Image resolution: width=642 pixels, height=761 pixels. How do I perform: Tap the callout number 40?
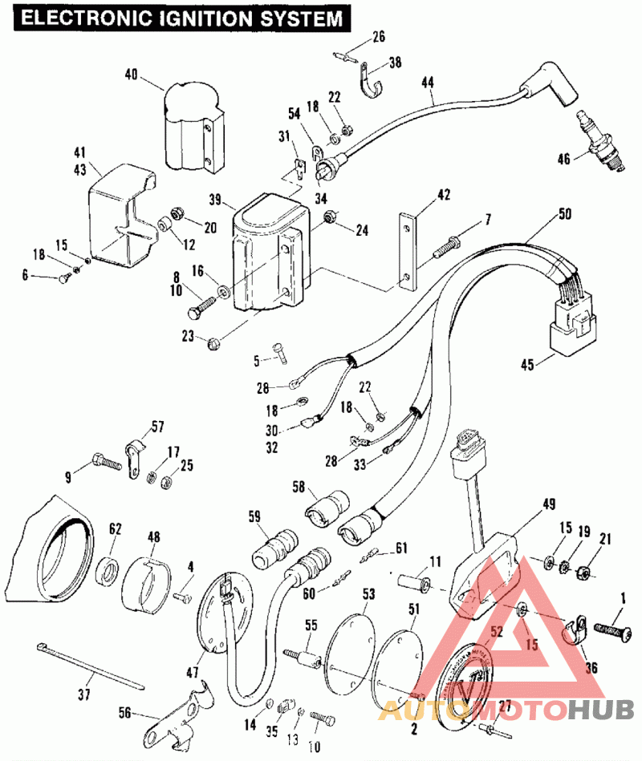point(131,75)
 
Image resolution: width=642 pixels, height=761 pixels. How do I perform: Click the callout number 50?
point(565,214)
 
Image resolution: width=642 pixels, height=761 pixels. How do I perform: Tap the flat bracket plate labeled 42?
point(408,250)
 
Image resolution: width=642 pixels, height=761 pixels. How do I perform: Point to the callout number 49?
point(549,504)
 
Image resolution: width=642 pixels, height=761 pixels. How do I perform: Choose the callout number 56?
point(124,711)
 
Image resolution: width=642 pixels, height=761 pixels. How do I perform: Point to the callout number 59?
point(255,517)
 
